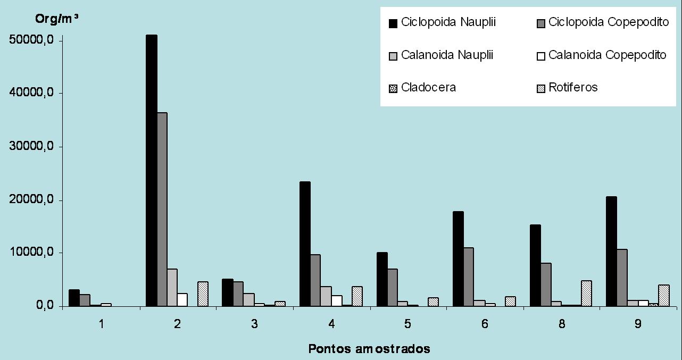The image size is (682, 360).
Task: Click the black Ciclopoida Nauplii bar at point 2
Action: tap(151, 170)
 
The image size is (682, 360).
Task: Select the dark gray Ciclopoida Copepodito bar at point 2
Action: tap(162, 210)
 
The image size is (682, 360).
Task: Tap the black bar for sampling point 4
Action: tap(305, 244)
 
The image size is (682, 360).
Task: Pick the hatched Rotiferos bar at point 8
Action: tap(586, 294)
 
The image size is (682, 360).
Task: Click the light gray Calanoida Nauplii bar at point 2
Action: tap(172, 288)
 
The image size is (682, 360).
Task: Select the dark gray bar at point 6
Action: tap(468, 277)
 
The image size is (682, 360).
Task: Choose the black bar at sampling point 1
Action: tap(74, 298)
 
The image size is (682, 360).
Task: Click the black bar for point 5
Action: tap(382, 280)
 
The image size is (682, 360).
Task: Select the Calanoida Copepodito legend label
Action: tap(607, 55)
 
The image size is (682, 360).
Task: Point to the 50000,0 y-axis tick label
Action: tap(31, 41)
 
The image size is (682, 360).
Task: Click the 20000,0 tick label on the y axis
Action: tap(31, 200)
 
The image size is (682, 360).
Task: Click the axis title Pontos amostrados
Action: tap(369, 349)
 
